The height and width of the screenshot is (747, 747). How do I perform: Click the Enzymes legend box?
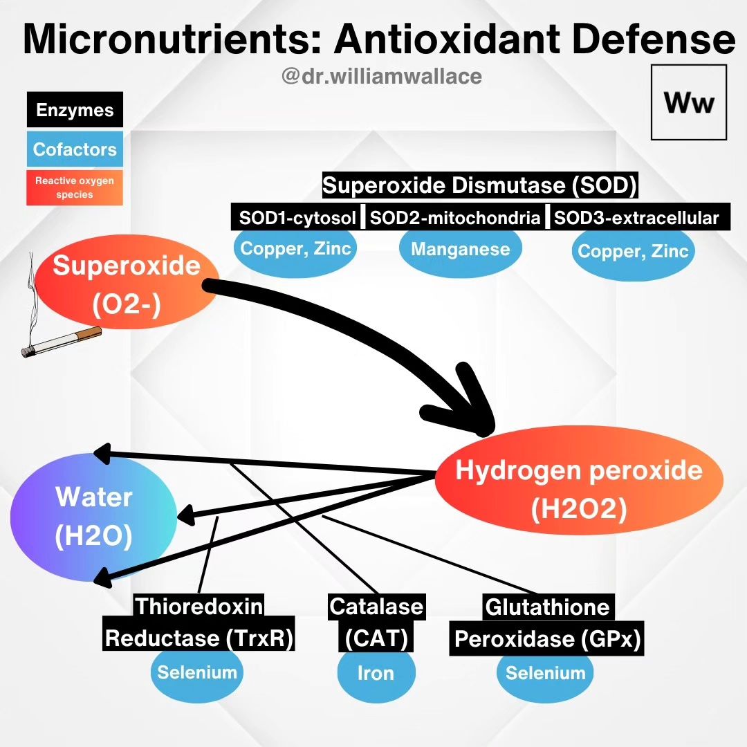[75, 109]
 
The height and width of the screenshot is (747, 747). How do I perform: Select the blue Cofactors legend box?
[75, 149]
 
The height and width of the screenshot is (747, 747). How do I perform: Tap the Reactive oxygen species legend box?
[75, 187]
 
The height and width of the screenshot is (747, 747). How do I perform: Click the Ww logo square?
[689, 102]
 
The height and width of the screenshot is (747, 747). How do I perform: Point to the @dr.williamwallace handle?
[382, 76]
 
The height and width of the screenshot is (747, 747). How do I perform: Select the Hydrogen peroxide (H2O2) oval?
[579, 480]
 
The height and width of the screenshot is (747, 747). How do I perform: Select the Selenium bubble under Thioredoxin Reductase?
[197, 674]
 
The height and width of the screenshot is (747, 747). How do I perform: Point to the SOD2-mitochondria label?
[455, 218]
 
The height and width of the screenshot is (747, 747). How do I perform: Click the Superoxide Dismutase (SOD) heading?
[480, 185]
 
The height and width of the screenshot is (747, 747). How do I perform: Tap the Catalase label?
[376, 607]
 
